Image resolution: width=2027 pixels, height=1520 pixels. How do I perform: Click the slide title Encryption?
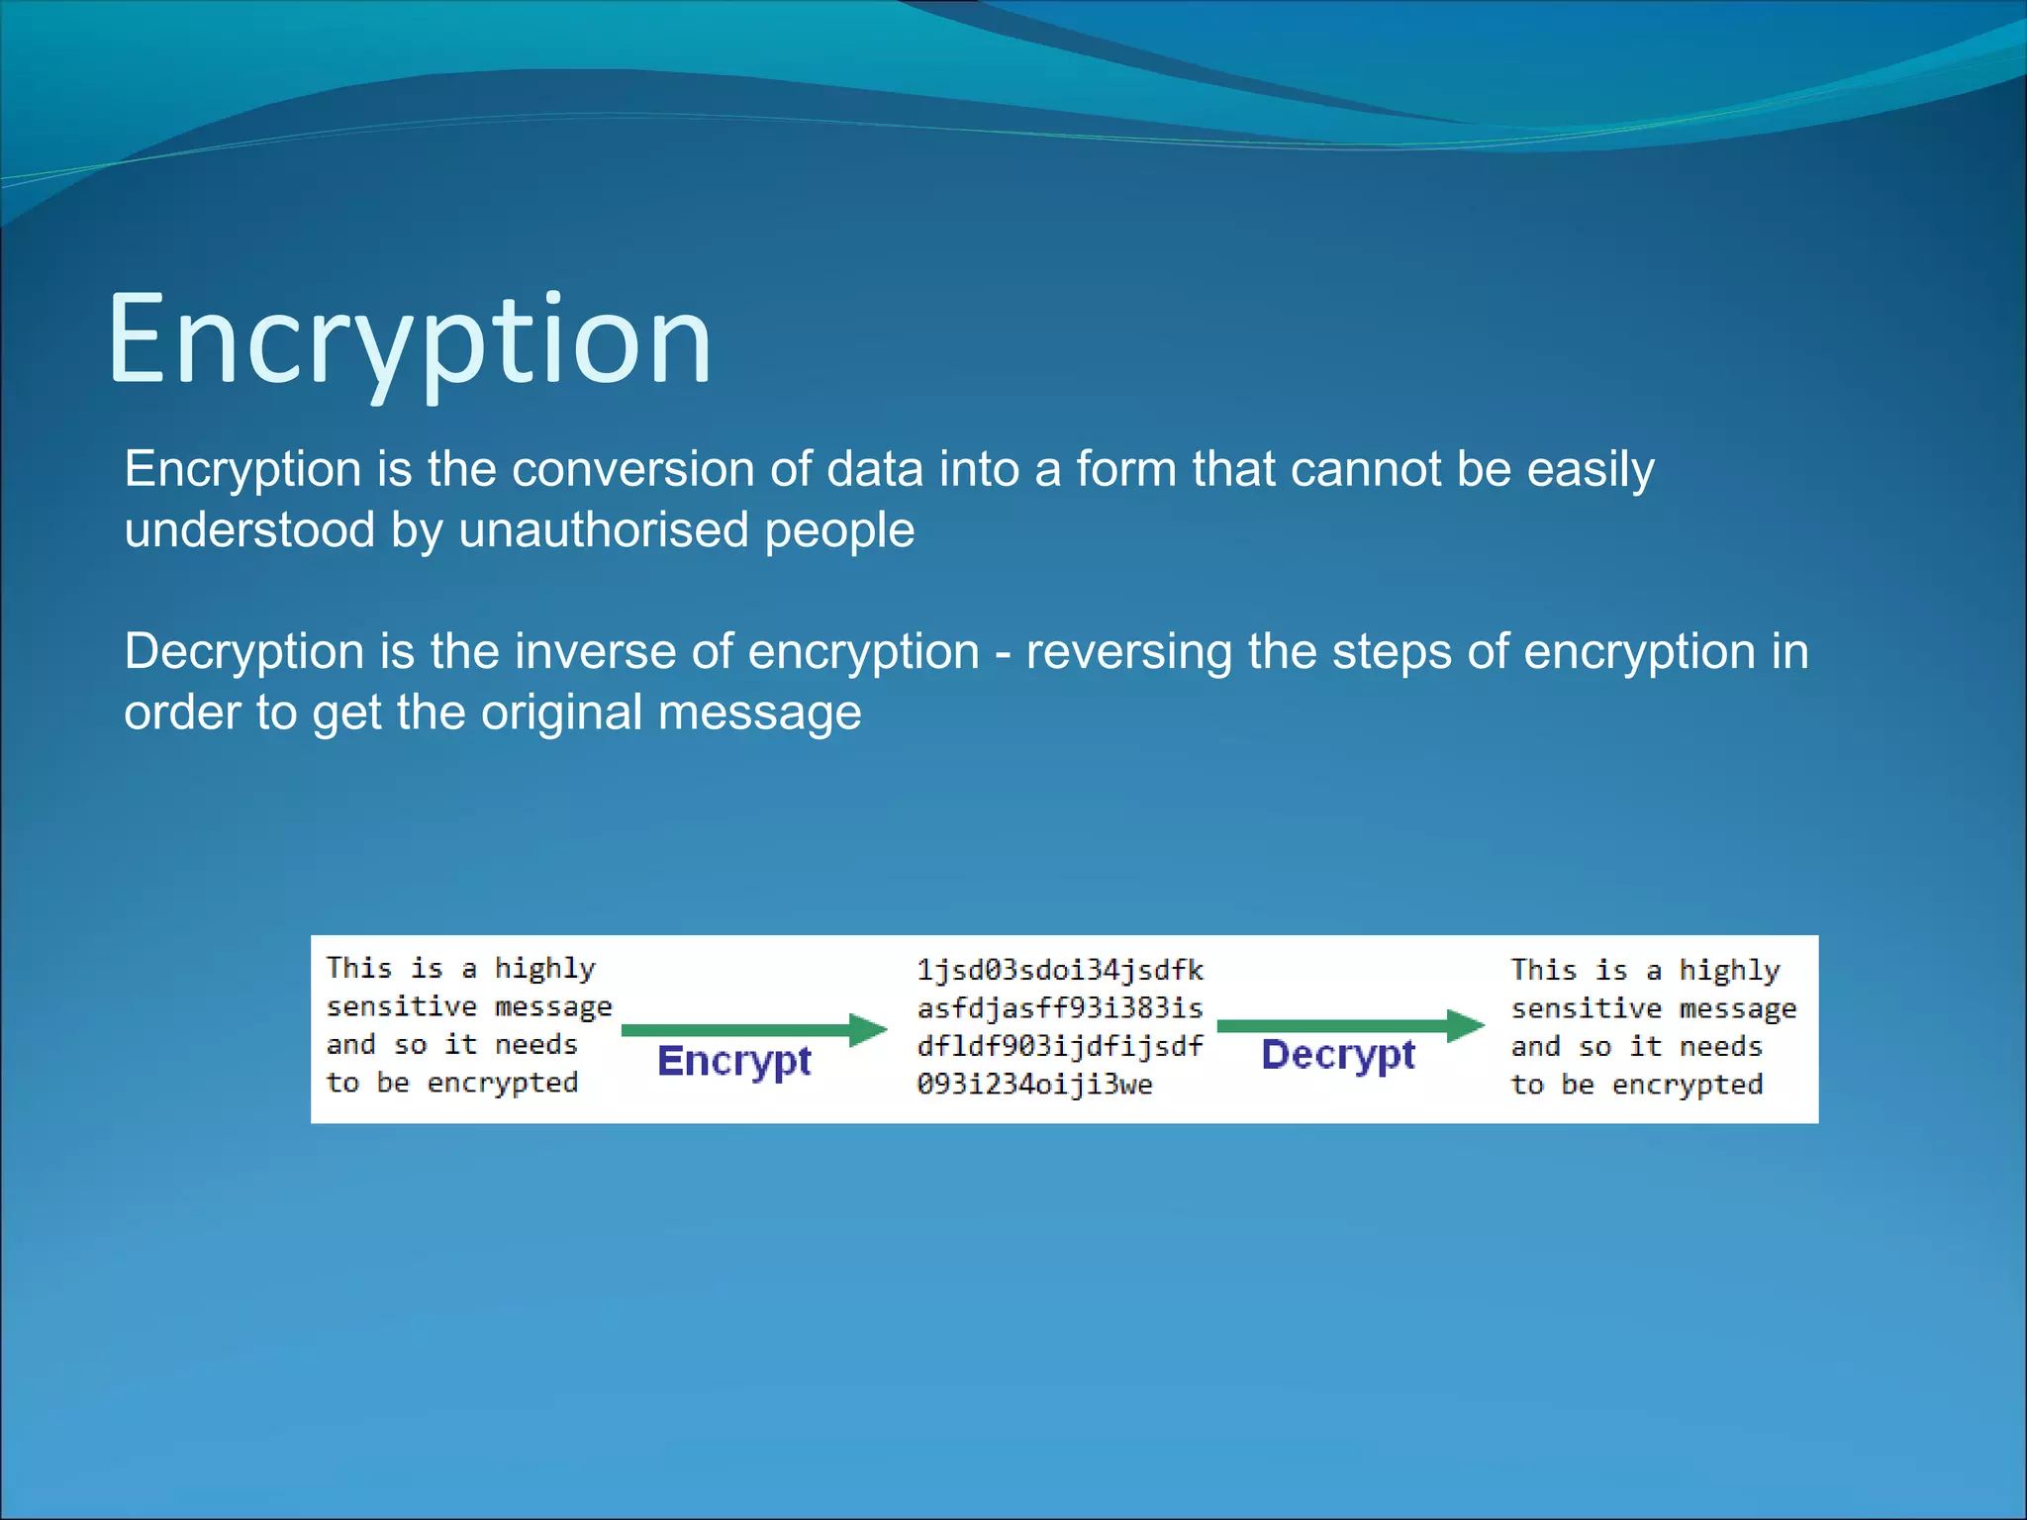tap(409, 339)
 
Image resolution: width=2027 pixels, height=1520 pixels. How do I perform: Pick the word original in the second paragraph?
tap(561, 712)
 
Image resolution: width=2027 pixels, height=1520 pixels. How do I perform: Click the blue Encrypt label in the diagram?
tap(733, 1062)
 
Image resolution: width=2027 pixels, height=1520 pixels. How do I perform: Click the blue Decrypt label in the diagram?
tap(1337, 1056)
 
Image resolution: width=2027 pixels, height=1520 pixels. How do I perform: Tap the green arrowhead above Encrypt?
tap(869, 1029)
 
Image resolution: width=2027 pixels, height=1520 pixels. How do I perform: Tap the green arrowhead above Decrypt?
tap(1465, 1025)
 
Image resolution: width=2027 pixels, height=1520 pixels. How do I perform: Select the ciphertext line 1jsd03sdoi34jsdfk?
tap(1059, 970)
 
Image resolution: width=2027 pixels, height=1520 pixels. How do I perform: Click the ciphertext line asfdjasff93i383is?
tap(1059, 1008)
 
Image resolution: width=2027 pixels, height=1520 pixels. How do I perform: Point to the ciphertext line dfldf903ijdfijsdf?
tap(1059, 1047)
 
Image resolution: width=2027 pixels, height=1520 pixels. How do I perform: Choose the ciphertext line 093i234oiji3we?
tap(1034, 1085)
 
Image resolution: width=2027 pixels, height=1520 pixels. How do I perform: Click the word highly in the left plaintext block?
tap(545, 969)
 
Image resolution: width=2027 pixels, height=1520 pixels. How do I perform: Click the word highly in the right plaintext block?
tap(1729, 971)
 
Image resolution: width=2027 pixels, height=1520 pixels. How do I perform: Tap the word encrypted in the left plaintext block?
tap(502, 1084)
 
